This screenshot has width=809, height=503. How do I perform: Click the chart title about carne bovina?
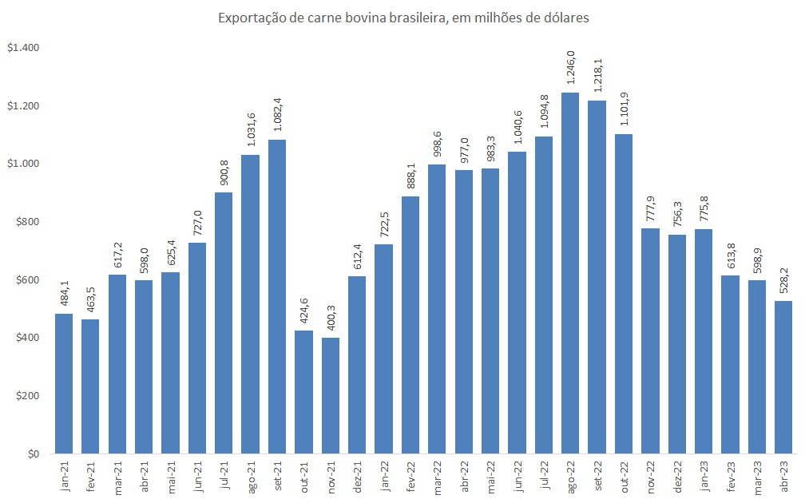404,18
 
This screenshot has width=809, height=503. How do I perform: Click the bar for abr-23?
783,377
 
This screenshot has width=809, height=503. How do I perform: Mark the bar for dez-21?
357,365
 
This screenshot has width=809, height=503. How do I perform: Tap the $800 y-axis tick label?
27,222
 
